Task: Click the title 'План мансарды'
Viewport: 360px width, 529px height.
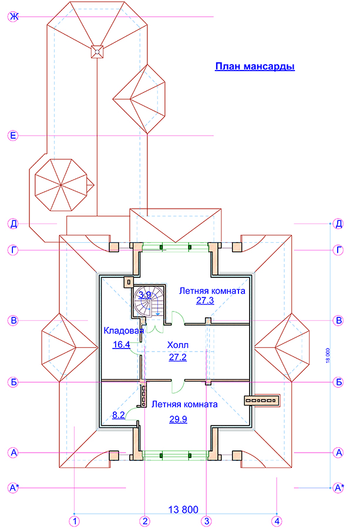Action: [255, 66]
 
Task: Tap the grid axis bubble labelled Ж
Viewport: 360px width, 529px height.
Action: [13, 16]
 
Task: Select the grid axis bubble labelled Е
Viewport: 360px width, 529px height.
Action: [13, 136]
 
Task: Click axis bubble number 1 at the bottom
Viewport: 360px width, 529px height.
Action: [75, 521]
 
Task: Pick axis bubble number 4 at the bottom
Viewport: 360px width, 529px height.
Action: [277, 521]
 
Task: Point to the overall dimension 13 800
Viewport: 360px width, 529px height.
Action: [183, 510]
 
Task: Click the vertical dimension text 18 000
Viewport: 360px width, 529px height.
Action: [328, 355]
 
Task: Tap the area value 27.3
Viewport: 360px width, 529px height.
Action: [205, 300]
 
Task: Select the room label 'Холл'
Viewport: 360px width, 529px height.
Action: [177, 345]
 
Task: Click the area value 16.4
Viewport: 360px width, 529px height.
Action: [122, 344]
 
